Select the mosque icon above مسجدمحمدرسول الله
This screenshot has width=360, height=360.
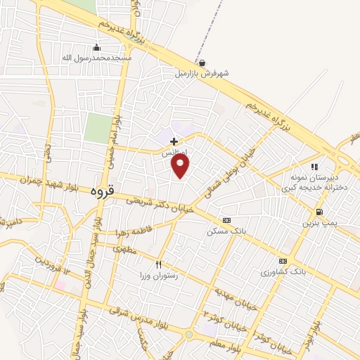click(106, 48)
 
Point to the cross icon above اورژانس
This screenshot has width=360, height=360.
click(174, 141)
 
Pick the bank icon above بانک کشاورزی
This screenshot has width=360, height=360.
click(284, 260)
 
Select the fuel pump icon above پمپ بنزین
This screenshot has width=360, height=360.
click(320, 212)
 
